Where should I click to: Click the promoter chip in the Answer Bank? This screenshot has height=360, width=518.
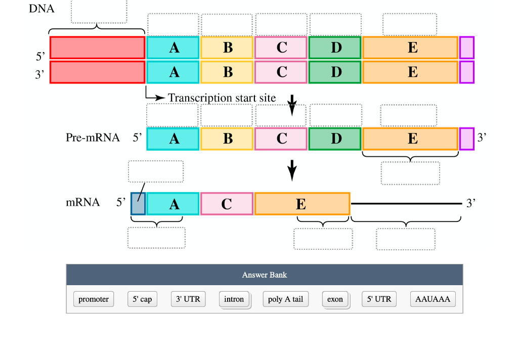[94, 299]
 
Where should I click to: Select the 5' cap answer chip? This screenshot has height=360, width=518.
[142, 299]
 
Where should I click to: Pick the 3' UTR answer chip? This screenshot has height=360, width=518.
[188, 299]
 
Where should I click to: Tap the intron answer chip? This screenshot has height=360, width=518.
[234, 299]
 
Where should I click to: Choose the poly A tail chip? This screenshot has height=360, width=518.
[285, 299]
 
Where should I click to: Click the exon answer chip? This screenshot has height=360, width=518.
[334, 299]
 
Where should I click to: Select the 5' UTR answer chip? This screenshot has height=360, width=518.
[379, 299]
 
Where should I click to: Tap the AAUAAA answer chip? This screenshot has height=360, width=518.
[433, 299]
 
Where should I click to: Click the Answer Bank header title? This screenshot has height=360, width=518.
[265, 275]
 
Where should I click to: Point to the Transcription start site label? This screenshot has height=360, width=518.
[222, 98]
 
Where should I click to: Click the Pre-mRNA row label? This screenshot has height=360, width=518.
[93, 138]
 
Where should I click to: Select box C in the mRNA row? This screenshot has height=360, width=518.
[227, 204]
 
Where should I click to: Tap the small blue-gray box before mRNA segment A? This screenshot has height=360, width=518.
[138, 204]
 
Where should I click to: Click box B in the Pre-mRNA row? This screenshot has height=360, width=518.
[227, 139]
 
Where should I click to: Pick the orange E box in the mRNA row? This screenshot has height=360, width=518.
[302, 204]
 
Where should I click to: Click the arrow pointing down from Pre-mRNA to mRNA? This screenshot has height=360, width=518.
[291, 170]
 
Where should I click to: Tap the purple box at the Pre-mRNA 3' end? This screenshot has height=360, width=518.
[467, 139]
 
